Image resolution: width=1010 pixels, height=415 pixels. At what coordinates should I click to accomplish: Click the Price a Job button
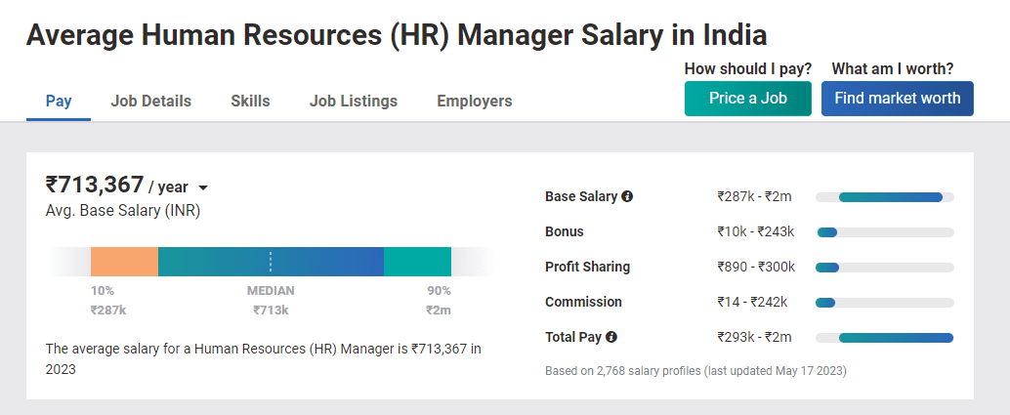[747, 98]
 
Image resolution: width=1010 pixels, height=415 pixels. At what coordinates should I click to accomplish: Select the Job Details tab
[151, 101]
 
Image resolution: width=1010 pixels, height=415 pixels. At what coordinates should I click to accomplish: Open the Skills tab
[250, 101]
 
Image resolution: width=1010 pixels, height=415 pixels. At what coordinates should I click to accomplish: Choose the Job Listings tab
[354, 101]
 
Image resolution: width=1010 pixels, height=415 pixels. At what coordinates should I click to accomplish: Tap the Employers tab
[475, 101]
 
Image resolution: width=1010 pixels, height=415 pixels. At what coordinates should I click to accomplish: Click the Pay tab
[59, 101]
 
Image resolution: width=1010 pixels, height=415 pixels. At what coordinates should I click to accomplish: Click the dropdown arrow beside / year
[203, 187]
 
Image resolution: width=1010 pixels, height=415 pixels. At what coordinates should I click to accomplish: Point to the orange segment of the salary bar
[124, 262]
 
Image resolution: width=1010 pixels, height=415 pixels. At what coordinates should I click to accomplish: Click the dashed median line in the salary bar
[271, 262]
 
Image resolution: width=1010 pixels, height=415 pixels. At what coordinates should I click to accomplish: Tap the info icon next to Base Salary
[627, 196]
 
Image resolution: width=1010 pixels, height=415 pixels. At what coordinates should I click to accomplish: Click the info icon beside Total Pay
[611, 337]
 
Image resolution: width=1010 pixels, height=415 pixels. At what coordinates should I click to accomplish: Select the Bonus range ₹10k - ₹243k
[755, 231]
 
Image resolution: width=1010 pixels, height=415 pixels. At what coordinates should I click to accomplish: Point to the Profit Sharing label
[587, 267]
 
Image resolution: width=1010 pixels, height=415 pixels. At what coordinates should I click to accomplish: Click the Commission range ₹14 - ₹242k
[751, 302]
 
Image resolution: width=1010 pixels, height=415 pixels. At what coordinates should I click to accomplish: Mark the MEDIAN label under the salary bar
[271, 291]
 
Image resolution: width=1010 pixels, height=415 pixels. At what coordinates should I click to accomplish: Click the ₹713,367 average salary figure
[95, 185]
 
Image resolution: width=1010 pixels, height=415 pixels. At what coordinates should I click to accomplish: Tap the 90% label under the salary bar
[439, 291]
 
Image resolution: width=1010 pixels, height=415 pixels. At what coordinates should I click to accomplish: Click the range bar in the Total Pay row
[895, 338]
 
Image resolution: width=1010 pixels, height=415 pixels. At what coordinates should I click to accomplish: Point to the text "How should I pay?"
[747, 68]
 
